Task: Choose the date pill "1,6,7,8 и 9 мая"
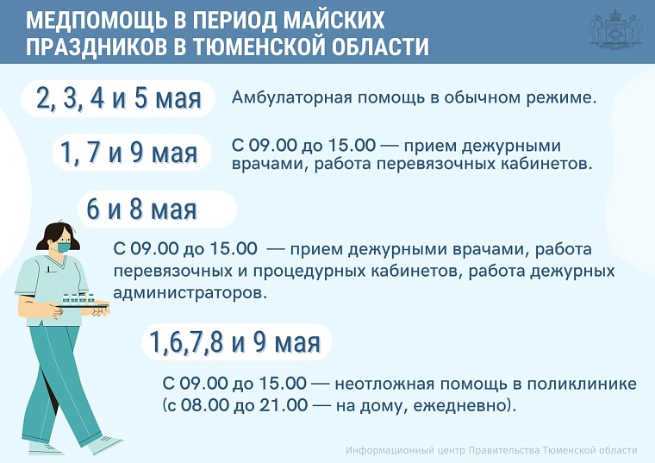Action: (234, 342)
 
